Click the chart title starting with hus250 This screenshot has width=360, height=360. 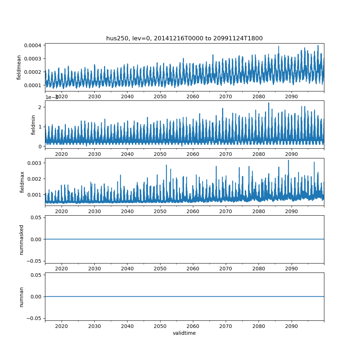(184, 38)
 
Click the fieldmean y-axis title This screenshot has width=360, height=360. (19, 67)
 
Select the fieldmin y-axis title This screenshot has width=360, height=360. (33, 125)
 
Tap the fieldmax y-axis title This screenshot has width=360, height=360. (22, 182)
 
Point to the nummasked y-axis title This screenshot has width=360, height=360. (21, 239)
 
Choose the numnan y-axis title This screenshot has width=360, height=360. (21, 297)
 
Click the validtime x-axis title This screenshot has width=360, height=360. (184, 333)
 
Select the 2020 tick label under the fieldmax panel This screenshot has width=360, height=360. (62, 211)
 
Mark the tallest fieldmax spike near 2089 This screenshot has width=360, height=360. (288, 160)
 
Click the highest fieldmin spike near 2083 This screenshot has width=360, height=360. (269, 103)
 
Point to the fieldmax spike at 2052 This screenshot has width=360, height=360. (166, 165)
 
